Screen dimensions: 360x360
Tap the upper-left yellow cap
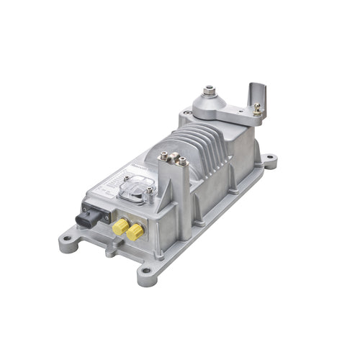click(119, 225)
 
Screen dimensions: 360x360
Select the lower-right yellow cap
click(133, 232)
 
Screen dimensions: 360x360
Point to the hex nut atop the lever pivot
click(210, 91)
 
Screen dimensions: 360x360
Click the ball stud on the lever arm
click(256, 109)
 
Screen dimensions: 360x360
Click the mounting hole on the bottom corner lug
click(145, 272)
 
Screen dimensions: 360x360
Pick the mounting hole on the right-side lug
click(269, 161)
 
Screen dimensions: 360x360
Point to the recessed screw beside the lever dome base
click(187, 114)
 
